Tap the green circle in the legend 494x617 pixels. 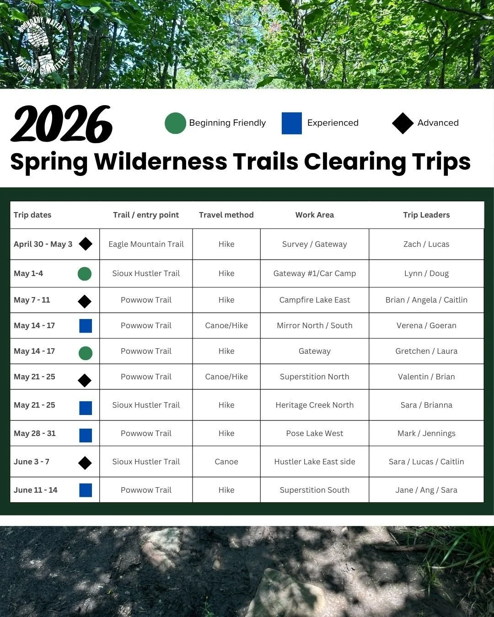pos(175,123)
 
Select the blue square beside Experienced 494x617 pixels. pos(292,123)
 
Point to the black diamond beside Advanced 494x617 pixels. pos(403,123)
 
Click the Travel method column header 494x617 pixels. pos(226,215)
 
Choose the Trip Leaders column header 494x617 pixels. pos(426,215)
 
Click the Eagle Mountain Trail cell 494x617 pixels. pos(146,244)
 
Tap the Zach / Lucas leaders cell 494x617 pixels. pos(426,244)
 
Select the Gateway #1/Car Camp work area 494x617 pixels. pos(314,273)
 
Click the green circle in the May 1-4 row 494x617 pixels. pos(85,274)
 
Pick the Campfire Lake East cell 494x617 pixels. pos(314,300)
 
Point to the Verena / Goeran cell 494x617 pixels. pos(426,325)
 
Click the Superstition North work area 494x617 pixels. pos(314,377)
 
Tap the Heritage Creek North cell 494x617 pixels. pos(314,405)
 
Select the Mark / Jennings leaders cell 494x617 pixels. pos(426,433)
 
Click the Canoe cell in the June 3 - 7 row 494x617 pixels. pos(226,462)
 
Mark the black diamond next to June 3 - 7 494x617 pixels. pos(85,463)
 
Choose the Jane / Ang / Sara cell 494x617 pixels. pos(426,490)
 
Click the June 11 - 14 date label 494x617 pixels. pos(36,490)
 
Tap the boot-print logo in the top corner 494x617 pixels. pos(41,46)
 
